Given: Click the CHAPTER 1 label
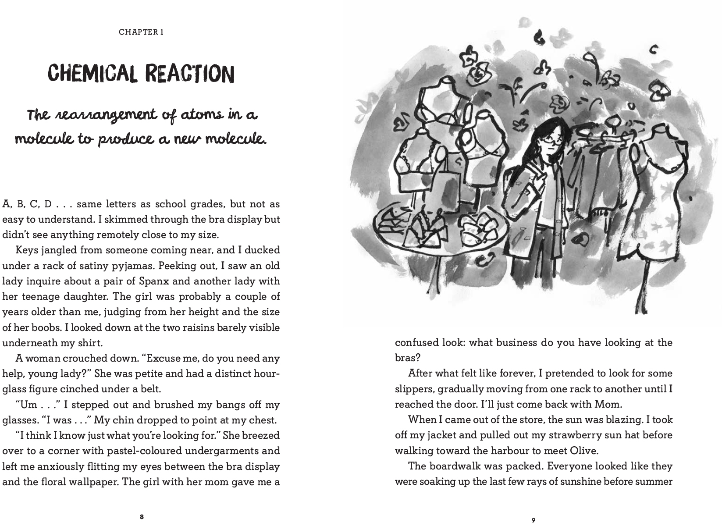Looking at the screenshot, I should [x=141, y=32].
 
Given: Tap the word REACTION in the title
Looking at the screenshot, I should [x=189, y=73].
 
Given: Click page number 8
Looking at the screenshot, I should [x=141, y=517].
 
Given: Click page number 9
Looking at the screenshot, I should [x=533, y=520].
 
